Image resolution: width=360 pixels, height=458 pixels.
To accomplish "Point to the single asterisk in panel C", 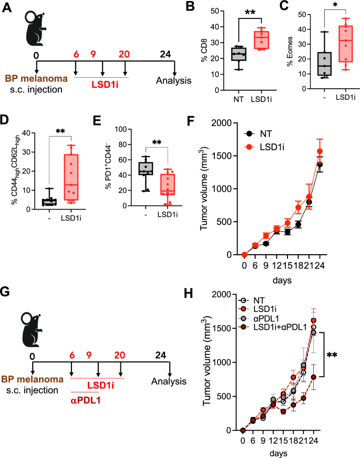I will pyautogui.click(x=321, y=11).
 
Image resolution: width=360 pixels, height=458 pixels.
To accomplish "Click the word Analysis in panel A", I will pyautogui.click(x=172, y=81).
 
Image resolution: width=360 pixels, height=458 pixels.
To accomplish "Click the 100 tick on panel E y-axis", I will pyautogui.click(x=120, y=129).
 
